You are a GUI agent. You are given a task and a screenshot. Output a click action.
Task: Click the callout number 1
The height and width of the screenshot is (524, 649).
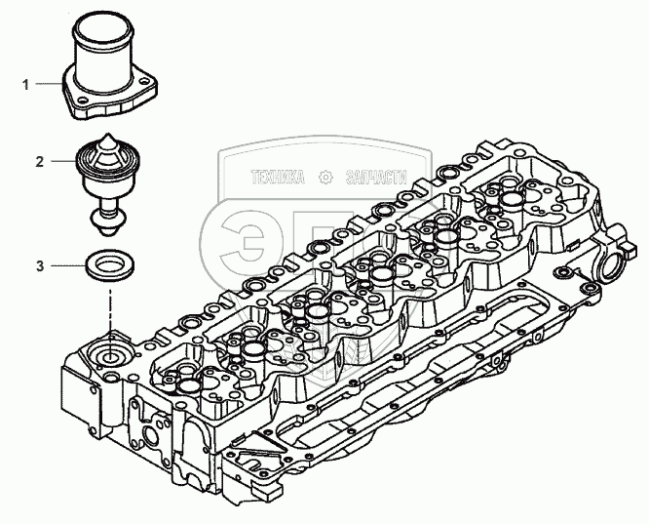pyautogui.click(x=26, y=86)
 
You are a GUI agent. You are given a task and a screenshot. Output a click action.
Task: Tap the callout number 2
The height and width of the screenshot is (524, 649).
pyautogui.click(x=39, y=161)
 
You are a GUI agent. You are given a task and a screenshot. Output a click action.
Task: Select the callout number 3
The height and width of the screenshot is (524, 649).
pyautogui.click(x=39, y=264)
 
